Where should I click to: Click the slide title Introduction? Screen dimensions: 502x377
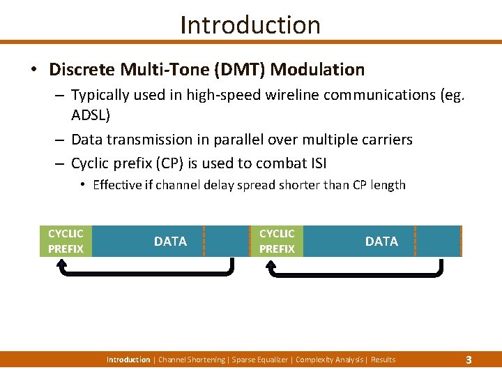click(250, 25)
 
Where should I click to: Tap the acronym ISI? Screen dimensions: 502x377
click(314, 164)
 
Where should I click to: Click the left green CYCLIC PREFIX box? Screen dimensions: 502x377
click(66, 241)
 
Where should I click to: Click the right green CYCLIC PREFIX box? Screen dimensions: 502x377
click(277, 241)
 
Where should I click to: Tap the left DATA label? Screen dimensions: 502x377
click(170, 242)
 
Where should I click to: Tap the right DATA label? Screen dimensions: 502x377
click(381, 242)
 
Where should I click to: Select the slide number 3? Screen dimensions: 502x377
click(469, 360)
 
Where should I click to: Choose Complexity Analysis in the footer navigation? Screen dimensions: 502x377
click(330, 360)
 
